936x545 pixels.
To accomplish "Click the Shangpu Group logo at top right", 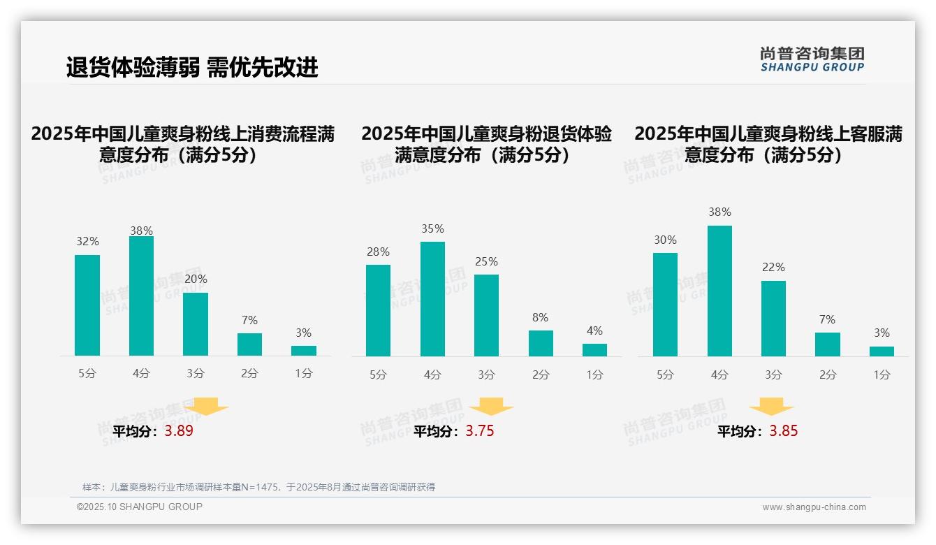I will (812, 59).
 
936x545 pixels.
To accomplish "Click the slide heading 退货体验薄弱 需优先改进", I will (192, 67).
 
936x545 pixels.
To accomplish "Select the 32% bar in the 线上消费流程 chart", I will (87, 305).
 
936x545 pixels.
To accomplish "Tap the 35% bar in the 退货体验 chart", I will (432, 299).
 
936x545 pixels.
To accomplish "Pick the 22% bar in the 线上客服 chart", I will (773, 319).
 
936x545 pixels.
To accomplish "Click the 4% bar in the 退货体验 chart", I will (594, 349).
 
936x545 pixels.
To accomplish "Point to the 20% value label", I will (196, 279).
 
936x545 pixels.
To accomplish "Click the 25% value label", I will (486, 261).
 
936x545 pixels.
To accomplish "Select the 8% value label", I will (540, 317).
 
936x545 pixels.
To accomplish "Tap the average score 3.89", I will (179, 431).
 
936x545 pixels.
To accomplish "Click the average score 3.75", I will (480, 431).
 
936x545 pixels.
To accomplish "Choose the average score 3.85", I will (783, 431).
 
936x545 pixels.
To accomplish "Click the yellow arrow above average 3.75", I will (491, 407).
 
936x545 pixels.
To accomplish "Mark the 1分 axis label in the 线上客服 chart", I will (882, 375).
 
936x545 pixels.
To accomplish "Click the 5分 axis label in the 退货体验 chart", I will (378, 375).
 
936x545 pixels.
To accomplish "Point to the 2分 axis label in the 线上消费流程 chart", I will (249, 374).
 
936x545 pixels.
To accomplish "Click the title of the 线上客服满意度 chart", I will (768, 144).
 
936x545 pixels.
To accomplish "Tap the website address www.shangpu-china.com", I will (814, 507).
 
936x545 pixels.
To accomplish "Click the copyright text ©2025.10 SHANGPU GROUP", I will (140, 507).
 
